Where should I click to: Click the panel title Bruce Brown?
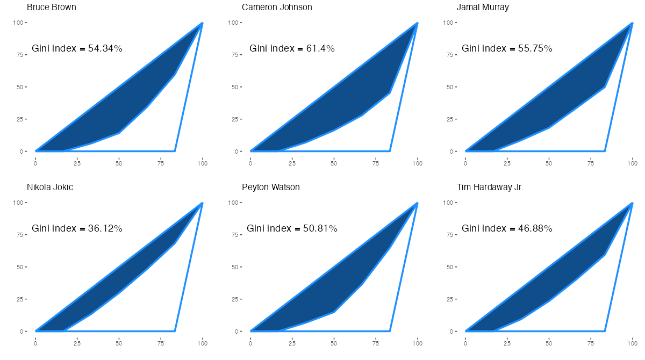(52, 8)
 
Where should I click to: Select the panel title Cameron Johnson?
(277, 8)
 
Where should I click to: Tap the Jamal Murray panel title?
(483, 8)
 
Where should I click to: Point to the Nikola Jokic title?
(50, 188)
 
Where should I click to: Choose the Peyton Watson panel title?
(271, 188)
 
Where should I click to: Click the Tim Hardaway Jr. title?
(490, 188)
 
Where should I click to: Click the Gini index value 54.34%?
(105, 48)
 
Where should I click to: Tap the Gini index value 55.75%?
(535, 48)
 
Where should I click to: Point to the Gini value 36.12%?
(105, 228)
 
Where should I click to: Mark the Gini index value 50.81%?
(320, 228)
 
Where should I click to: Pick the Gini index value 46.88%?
(535, 228)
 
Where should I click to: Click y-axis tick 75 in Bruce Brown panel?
(20, 55)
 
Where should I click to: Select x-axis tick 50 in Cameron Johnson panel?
(334, 162)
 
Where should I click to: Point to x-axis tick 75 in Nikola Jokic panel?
(161, 342)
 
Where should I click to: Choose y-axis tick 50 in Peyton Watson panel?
(235, 267)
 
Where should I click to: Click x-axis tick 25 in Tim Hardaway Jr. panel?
(507, 342)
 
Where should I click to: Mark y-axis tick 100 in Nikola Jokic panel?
(19, 203)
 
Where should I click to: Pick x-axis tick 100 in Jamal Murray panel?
(633, 162)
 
